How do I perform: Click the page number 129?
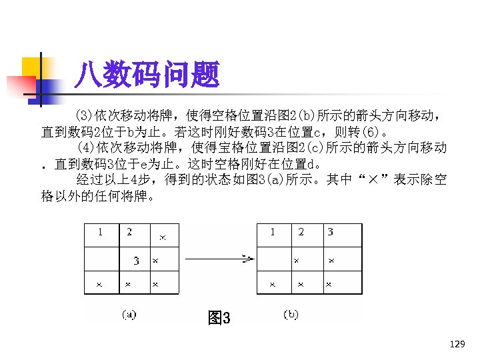457,344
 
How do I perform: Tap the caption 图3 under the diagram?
219,318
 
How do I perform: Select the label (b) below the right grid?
291,314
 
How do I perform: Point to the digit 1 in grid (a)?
100,233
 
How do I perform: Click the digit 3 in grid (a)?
136,261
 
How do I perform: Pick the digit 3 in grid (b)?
330,233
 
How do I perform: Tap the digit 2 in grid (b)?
301,233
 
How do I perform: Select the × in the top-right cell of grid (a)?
163,237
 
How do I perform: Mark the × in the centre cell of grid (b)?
297,261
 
